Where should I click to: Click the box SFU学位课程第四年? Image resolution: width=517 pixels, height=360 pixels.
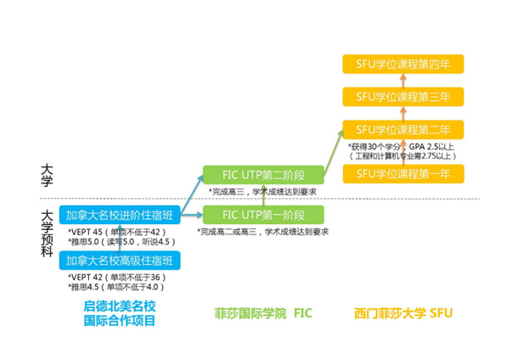click(x=403, y=64)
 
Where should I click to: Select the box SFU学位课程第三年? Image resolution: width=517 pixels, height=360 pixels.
click(x=403, y=97)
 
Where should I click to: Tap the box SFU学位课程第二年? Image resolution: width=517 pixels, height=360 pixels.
click(x=403, y=130)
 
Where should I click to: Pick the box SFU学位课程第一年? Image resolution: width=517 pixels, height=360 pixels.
click(x=403, y=174)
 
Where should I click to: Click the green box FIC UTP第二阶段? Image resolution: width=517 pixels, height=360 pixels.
click(x=263, y=175)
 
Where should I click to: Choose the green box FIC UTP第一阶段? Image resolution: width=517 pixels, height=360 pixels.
click(x=263, y=215)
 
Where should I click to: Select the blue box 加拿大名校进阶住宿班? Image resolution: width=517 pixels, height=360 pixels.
click(x=120, y=215)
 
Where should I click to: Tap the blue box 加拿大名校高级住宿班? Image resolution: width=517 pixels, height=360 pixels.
click(x=120, y=261)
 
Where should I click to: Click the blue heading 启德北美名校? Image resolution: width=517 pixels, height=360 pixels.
click(x=120, y=306)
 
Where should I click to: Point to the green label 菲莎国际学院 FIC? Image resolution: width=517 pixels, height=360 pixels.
click(x=263, y=313)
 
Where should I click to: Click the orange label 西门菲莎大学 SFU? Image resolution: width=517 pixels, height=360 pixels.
click(x=403, y=313)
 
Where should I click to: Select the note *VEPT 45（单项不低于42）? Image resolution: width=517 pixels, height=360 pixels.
click(x=117, y=232)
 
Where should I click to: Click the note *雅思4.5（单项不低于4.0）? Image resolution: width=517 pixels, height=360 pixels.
click(x=116, y=287)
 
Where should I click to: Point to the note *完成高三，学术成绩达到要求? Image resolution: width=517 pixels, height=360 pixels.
click(x=263, y=192)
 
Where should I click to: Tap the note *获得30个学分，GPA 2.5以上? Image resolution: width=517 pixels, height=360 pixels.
click(x=402, y=147)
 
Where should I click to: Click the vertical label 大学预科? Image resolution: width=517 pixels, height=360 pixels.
click(x=47, y=234)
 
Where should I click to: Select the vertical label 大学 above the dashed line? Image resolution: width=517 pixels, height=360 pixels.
click(x=47, y=176)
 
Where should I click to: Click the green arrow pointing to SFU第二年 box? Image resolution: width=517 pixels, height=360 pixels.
click(x=334, y=152)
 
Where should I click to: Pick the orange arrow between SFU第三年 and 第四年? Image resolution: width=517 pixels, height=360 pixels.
click(x=403, y=81)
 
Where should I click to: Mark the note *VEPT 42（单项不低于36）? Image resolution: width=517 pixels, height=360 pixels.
click(x=117, y=278)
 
